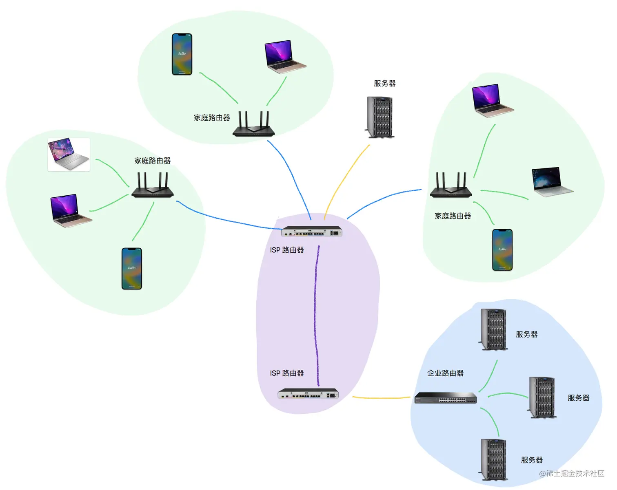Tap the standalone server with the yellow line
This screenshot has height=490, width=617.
click(380, 117)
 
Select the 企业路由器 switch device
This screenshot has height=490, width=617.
click(446, 398)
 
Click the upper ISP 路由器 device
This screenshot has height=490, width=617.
click(311, 232)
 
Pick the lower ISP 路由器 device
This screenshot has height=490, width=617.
click(308, 394)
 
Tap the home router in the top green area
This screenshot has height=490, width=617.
click(253, 124)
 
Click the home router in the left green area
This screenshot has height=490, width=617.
click(153, 185)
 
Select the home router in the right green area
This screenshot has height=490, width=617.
click(451, 185)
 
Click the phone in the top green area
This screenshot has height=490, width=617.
click(182, 54)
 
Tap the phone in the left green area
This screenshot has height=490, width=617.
click(132, 269)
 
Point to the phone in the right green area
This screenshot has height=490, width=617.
click(502, 250)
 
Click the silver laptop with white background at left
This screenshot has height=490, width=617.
click(69, 155)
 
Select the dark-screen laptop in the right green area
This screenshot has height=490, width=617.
click(552, 181)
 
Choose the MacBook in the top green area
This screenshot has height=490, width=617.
click(285, 57)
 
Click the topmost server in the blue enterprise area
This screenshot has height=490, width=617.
click(494, 329)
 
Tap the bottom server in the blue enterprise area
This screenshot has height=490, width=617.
click(494, 459)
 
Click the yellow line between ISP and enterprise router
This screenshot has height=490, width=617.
click(382, 397)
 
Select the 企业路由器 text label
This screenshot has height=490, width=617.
click(445, 373)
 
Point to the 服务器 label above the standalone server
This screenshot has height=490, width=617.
click(384, 84)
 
